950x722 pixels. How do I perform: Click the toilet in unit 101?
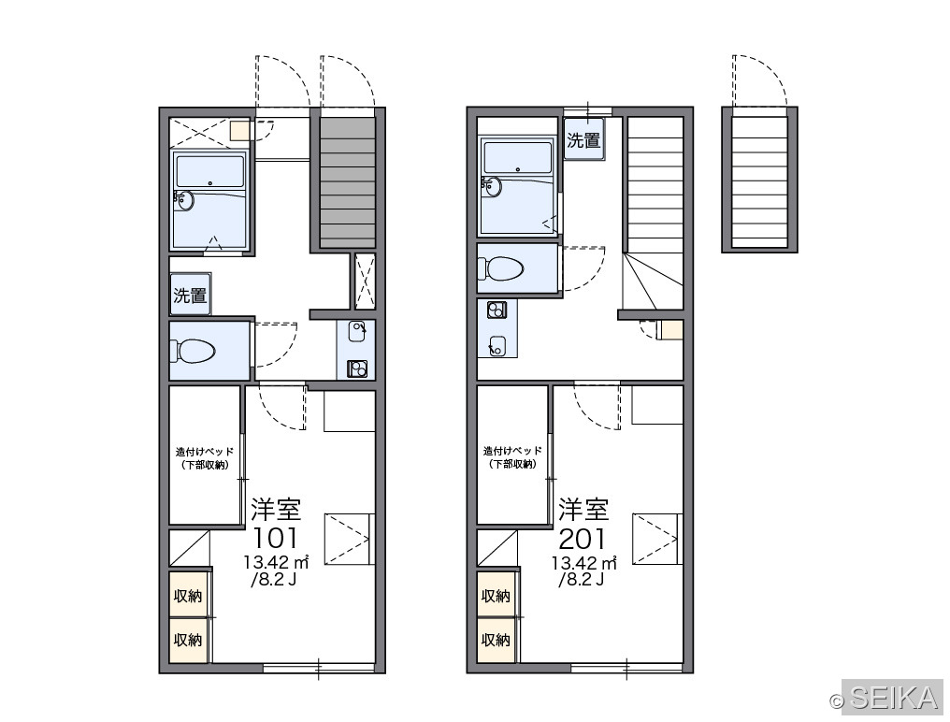click(194, 351)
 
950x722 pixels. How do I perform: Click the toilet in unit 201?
click(500, 268)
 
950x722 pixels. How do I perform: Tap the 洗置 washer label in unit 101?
click(190, 296)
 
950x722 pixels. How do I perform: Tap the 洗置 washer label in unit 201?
click(584, 140)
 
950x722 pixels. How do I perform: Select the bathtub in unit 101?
click(209, 200)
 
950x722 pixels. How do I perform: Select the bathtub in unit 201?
click(517, 185)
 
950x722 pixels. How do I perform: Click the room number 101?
click(275, 538)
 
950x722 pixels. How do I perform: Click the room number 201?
click(583, 538)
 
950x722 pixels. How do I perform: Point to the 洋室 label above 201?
click(583, 509)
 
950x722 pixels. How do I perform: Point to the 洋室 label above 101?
click(276, 509)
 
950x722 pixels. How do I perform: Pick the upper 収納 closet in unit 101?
click(189, 596)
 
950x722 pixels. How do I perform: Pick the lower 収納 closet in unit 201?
click(497, 640)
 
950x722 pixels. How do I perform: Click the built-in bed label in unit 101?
click(205, 458)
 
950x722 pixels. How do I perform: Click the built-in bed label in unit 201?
click(512, 457)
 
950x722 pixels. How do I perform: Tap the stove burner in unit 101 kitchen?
click(357, 368)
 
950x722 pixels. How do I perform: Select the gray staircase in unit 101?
click(348, 182)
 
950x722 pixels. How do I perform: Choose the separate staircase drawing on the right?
click(760, 180)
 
